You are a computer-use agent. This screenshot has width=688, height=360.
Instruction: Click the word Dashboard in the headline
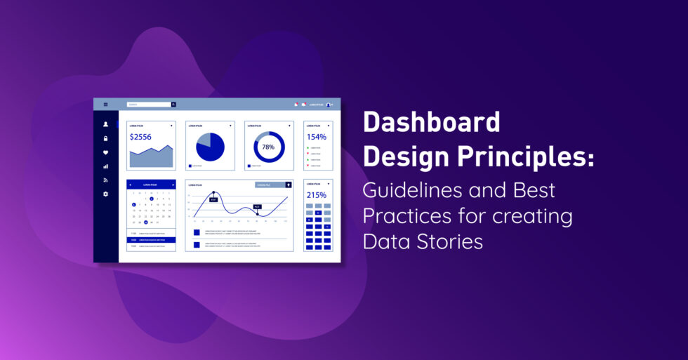pyautogui.click(x=431, y=123)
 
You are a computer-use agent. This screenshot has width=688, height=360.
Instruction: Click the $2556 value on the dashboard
pyautogui.click(x=140, y=137)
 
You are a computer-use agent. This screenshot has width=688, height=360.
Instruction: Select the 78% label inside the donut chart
pyautogui.click(x=268, y=147)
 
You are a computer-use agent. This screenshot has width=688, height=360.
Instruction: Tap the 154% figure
pyautogui.click(x=317, y=137)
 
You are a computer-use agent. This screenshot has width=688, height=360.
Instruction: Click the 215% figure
pyautogui.click(x=317, y=194)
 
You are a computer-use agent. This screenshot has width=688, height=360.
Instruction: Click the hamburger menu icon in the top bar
pyautogui.click(x=106, y=105)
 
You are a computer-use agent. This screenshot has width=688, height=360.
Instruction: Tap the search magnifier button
pyautogui.click(x=173, y=105)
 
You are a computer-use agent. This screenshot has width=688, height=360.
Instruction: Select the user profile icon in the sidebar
pyautogui.click(x=106, y=124)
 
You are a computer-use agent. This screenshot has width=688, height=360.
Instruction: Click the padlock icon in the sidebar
pyautogui.click(x=106, y=138)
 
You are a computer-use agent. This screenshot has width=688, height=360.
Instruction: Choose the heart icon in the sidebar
pyautogui.click(x=106, y=152)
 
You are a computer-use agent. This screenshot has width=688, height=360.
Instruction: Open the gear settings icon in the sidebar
pyautogui.click(x=106, y=194)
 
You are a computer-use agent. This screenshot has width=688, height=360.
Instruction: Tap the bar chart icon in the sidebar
pyautogui.click(x=106, y=166)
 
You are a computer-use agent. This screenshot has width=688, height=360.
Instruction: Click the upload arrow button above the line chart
pyautogui.click(x=288, y=185)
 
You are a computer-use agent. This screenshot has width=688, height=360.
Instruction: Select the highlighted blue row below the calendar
pyautogui.click(x=151, y=239)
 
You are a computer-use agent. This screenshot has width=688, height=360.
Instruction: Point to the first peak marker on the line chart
pyautogui.click(x=213, y=192)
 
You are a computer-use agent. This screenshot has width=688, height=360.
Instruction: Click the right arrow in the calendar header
pyautogui.click(x=173, y=185)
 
